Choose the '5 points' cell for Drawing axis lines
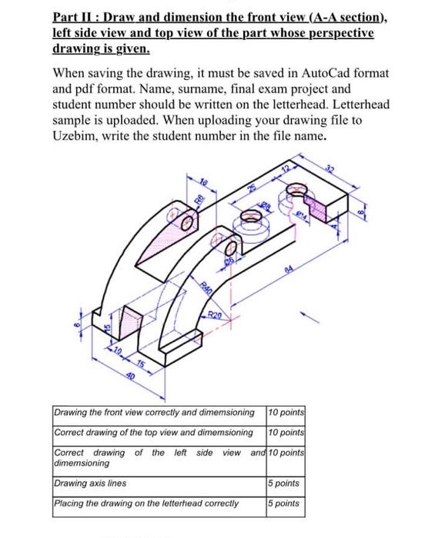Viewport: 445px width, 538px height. pyautogui.click(x=285, y=483)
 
